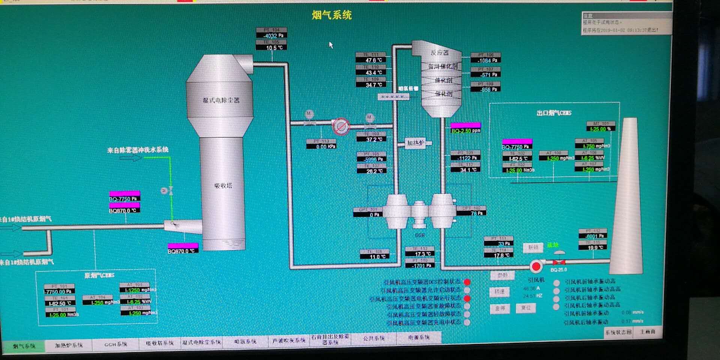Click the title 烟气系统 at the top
tap(332, 15)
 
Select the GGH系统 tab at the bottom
tap(115, 344)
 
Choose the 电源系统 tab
tap(419, 337)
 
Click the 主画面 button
tap(648, 332)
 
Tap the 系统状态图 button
tap(618, 332)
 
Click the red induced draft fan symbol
tap(536, 266)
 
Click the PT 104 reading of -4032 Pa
tap(272, 36)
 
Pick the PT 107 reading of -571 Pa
tap(486, 75)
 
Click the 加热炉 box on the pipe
tap(415, 143)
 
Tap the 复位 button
tap(526, 308)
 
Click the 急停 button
tap(500, 309)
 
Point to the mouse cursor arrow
tap(331, 45)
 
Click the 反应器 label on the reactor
tap(439, 52)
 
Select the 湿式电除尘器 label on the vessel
tap(221, 100)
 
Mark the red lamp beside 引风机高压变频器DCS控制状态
tap(467, 282)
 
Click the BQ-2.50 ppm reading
tap(465, 130)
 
